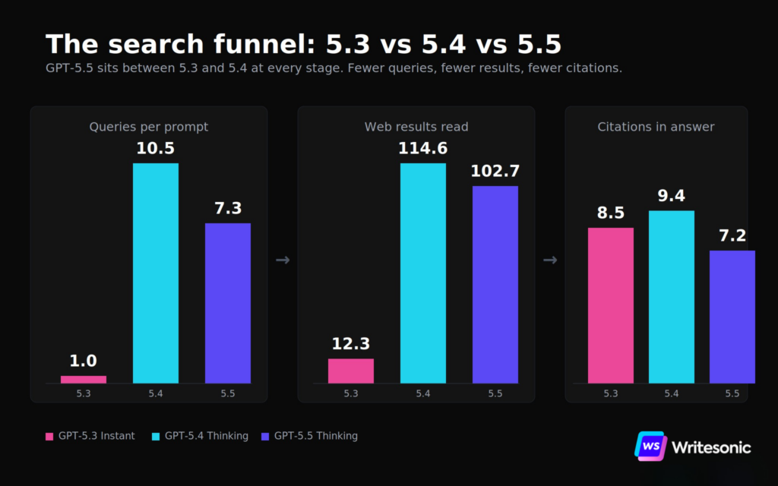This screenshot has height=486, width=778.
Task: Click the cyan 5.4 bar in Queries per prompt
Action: tap(156, 273)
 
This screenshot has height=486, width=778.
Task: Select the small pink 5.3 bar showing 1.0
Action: tap(84, 380)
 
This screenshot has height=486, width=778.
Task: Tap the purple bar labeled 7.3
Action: tap(228, 303)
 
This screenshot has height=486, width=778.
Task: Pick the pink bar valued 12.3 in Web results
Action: tap(351, 371)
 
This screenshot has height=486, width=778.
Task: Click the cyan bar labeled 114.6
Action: tap(423, 273)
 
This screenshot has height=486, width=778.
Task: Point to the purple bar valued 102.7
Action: tap(495, 285)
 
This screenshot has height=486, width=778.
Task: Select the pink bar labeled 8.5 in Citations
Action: tap(611, 305)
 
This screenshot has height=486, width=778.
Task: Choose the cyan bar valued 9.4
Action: tap(672, 297)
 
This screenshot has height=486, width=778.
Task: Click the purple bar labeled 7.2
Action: tap(732, 317)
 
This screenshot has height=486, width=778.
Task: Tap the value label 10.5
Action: tap(155, 148)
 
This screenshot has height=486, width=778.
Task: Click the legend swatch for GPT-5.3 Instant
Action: tap(49, 437)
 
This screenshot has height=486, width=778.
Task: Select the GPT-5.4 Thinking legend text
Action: tap(207, 436)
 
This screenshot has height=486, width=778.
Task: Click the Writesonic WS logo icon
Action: tap(651, 446)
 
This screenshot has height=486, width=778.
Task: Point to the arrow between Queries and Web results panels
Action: tap(283, 260)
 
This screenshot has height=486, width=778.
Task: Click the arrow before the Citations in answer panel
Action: tap(550, 260)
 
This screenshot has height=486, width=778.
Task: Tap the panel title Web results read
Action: tap(416, 127)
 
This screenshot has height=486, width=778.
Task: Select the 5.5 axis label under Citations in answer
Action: tap(732, 394)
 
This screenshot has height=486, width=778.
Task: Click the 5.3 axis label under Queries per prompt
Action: tap(84, 394)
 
